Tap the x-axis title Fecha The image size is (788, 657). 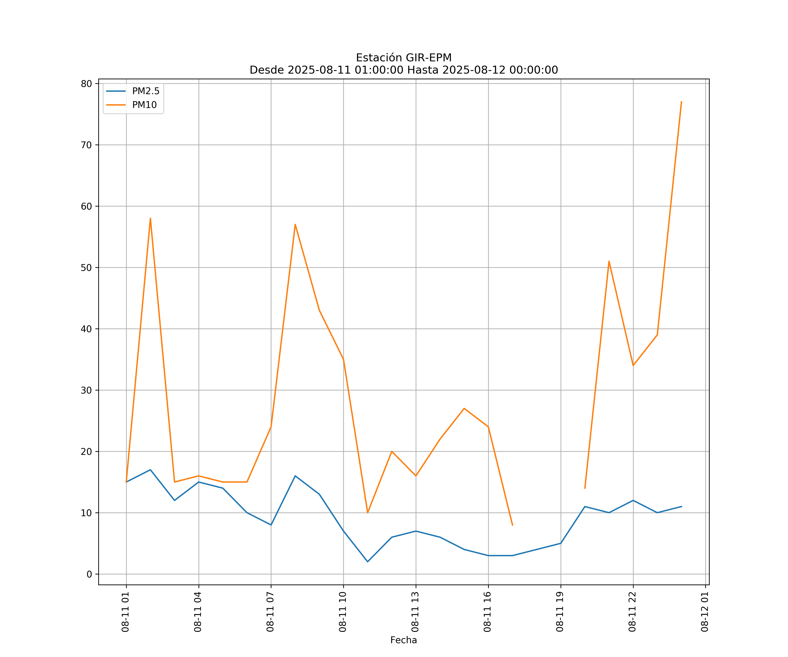(403, 640)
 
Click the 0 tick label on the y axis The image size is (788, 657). (89, 574)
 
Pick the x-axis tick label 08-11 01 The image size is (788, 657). (125, 612)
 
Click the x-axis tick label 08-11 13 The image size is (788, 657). (415, 612)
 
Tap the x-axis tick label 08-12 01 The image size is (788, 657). (705, 612)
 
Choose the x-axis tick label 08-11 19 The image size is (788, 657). (560, 612)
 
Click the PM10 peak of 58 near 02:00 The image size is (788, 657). (150, 219)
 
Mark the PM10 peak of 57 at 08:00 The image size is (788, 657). (295, 224)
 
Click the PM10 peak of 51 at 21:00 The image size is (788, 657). (609, 261)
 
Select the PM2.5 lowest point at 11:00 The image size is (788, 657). (368, 562)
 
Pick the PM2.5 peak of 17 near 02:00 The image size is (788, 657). (150, 470)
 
